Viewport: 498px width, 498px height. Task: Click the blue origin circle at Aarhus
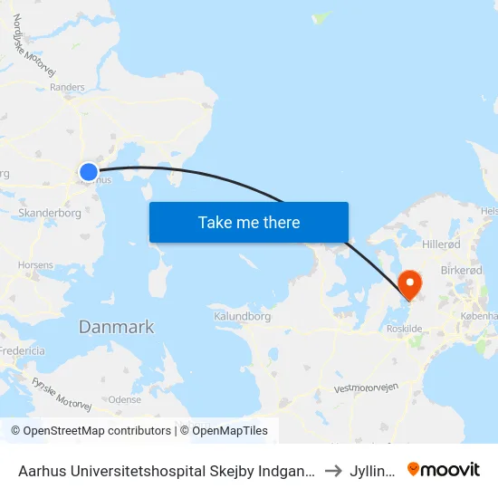click(x=89, y=171)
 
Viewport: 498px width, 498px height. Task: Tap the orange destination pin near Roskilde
click(x=410, y=284)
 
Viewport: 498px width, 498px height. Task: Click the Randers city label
click(x=67, y=88)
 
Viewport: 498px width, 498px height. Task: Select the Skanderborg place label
click(x=50, y=214)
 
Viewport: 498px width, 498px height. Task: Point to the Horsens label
click(x=35, y=265)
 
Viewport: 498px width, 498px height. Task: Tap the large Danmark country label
click(x=116, y=327)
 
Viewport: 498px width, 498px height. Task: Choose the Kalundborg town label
click(x=242, y=317)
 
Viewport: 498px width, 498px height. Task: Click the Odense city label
click(x=124, y=398)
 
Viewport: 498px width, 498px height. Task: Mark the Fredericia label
click(x=22, y=350)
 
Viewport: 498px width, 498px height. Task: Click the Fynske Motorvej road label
click(x=61, y=395)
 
